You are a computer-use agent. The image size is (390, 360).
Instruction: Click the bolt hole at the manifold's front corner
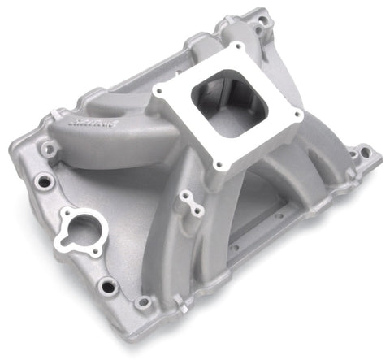pos(144,303)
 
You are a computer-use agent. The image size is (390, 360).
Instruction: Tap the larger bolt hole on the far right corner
pos(363,151)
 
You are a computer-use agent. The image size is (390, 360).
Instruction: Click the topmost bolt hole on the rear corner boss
pos(258,18)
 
